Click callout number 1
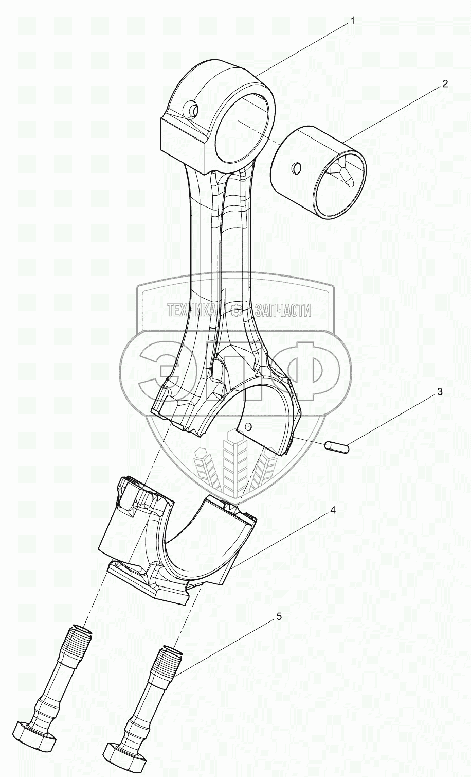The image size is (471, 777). [353, 21]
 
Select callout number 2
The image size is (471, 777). [445, 83]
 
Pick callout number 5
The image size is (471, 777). [279, 617]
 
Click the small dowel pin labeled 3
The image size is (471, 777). [337, 446]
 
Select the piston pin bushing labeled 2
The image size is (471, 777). [319, 172]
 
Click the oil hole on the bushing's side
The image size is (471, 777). [296, 167]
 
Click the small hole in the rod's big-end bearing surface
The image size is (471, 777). [249, 426]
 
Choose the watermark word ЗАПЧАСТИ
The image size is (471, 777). [282, 309]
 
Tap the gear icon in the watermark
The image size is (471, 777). [237, 309]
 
